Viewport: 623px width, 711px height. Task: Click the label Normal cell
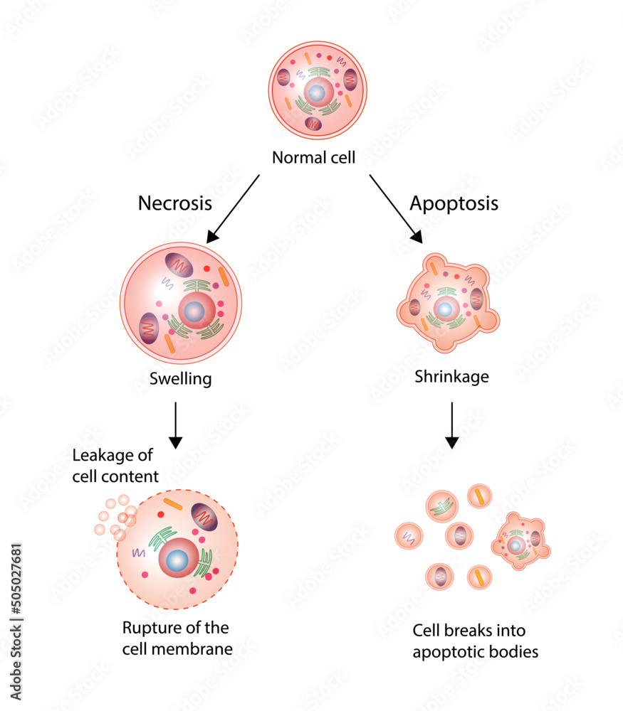point(313,157)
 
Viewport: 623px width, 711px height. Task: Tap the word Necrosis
point(174,203)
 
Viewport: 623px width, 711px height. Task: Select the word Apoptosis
point(454,203)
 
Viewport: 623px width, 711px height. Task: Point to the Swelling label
point(180,378)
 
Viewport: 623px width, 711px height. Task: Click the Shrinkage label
point(451,376)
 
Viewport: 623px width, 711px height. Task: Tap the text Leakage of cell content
point(115,465)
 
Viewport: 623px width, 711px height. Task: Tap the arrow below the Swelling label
point(175,424)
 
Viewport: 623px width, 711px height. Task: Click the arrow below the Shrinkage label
point(451,424)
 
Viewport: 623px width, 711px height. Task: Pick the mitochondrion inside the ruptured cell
point(204,518)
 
